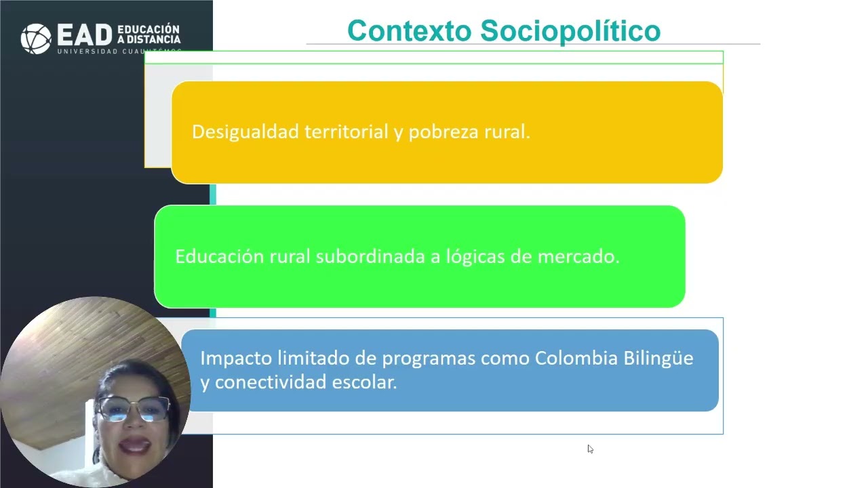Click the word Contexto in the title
tap(409, 31)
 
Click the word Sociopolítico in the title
tap(570, 31)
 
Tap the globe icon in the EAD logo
tap(36, 38)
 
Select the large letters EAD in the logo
tap(85, 37)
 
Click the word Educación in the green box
tap(219, 257)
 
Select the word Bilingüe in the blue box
tap(658, 358)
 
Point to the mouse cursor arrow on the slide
tap(590, 449)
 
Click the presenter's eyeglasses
tap(134, 409)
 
